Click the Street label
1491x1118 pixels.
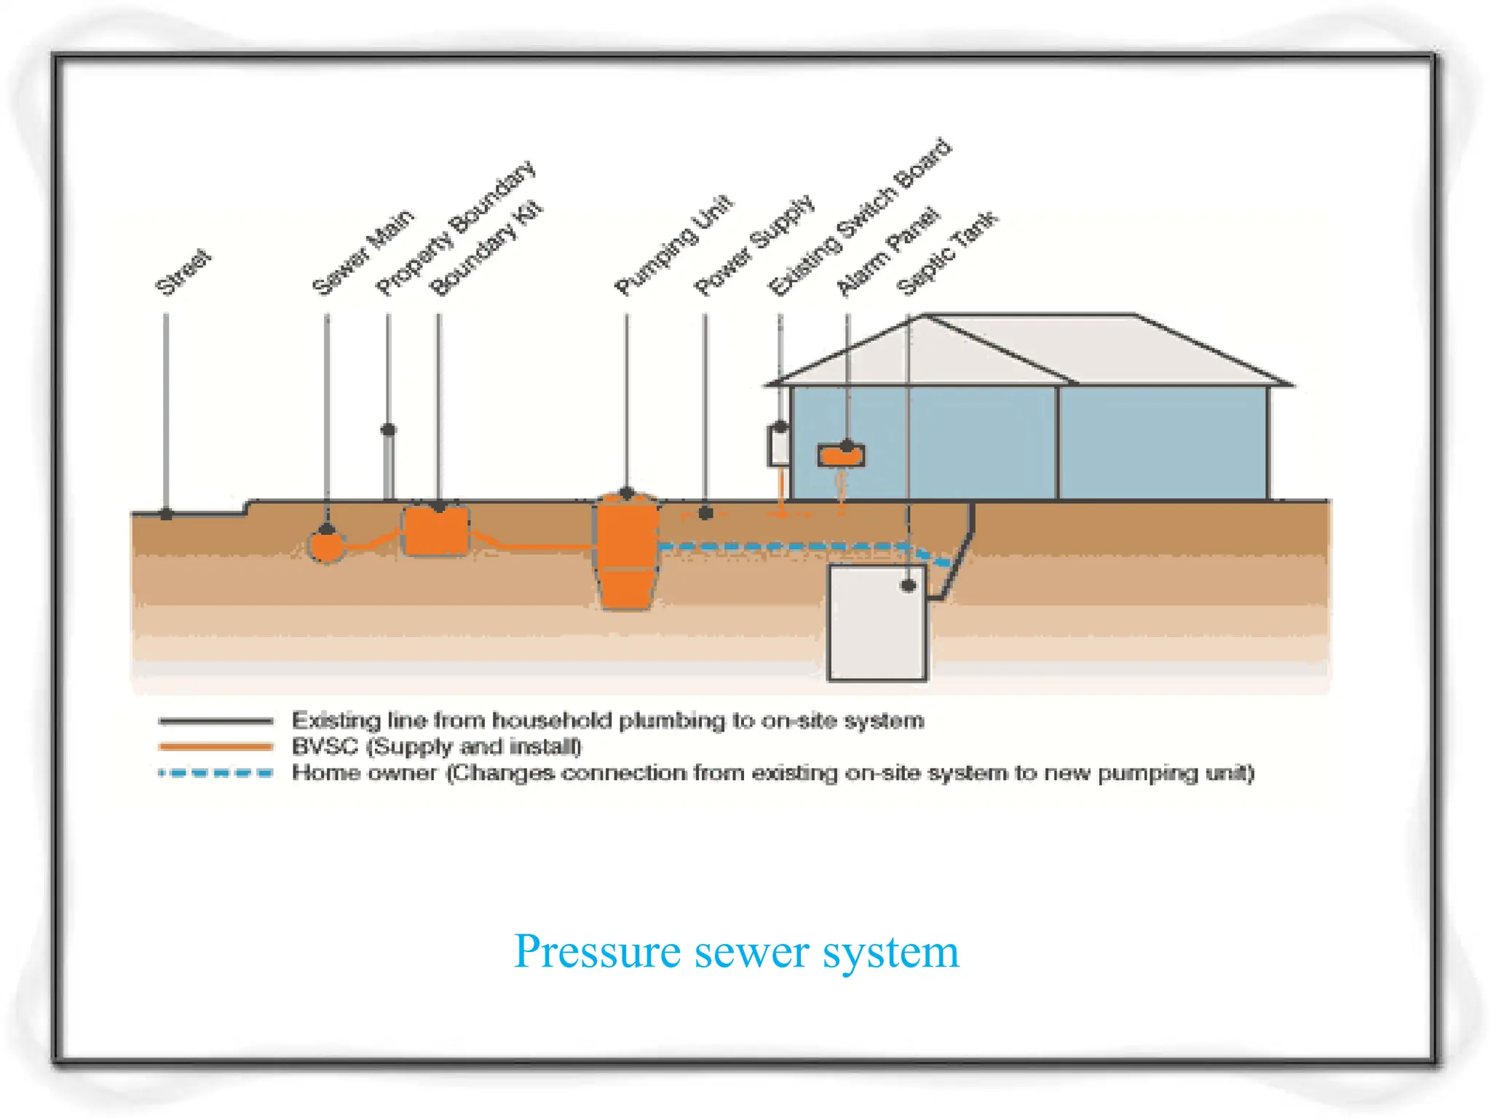point(183,272)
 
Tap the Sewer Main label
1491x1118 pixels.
point(363,252)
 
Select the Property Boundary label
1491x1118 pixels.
point(456,229)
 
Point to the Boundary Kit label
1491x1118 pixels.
point(486,248)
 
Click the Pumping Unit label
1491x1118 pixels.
point(673,245)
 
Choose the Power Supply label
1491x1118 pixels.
point(754,245)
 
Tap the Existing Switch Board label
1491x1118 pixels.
point(860,218)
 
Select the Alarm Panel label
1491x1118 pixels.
point(888,252)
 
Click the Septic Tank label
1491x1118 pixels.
point(947,253)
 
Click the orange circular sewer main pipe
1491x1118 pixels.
point(326,547)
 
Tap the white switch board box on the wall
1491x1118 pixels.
point(778,446)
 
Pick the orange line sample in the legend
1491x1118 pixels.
point(215,746)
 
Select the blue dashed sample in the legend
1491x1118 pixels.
point(215,773)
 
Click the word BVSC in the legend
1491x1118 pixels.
point(325,747)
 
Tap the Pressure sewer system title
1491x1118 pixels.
point(737,951)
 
